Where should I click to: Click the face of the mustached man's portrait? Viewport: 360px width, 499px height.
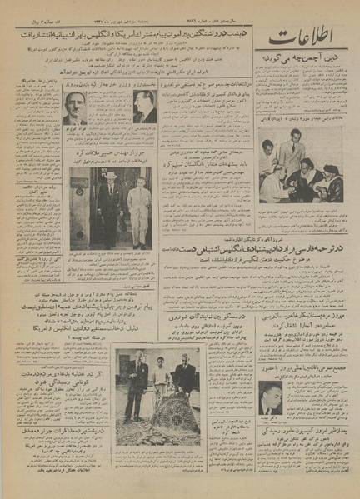76,106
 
